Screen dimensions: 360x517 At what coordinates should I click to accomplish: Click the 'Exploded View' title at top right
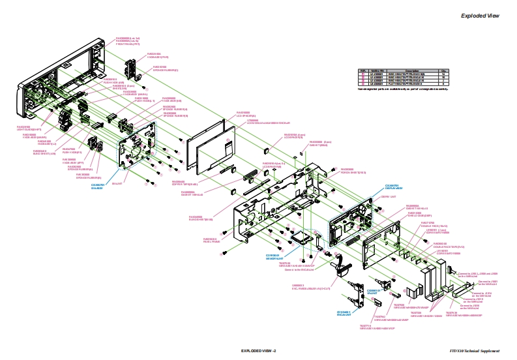coord(480,16)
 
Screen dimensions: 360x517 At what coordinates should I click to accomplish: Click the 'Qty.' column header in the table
coord(443,70)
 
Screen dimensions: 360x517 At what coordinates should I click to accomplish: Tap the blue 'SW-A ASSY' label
coord(97,187)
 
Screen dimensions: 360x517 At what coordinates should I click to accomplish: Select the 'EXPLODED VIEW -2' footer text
coord(259,351)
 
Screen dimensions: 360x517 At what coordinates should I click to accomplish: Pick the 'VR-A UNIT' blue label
coord(373,292)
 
